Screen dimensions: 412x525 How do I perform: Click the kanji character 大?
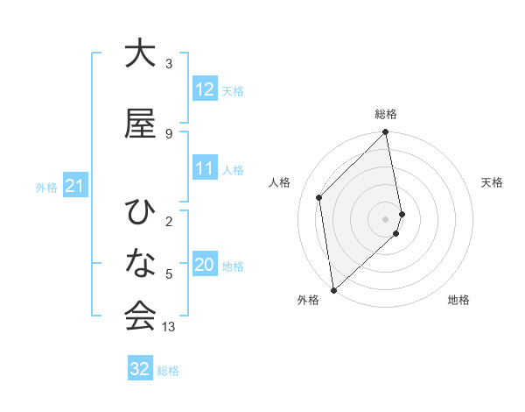(140, 54)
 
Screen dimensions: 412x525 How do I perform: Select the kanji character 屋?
(140, 124)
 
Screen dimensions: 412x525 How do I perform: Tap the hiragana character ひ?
(140, 213)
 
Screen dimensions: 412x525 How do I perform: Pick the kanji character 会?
(140, 316)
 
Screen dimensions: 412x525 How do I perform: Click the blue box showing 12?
(205, 89)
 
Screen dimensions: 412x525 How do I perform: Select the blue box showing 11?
(205, 169)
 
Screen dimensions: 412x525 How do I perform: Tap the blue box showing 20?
(205, 266)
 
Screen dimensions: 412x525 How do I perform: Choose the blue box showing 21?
(74, 187)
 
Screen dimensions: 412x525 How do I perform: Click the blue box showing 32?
(140, 369)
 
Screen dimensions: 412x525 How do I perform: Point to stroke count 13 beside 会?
(170, 327)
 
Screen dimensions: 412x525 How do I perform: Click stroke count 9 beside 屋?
(169, 133)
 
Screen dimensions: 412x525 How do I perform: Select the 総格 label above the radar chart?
(386, 114)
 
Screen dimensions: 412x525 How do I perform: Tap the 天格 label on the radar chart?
(493, 182)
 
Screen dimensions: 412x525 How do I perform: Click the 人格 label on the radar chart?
(280, 182)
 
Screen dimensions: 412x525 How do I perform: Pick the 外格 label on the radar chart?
(308, 300)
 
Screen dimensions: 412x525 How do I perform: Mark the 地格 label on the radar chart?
(458, 300)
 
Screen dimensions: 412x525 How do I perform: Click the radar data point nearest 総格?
(386, 133)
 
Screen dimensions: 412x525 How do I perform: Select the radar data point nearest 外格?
(333, 289)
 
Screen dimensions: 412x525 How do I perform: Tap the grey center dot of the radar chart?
(386, 218)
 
